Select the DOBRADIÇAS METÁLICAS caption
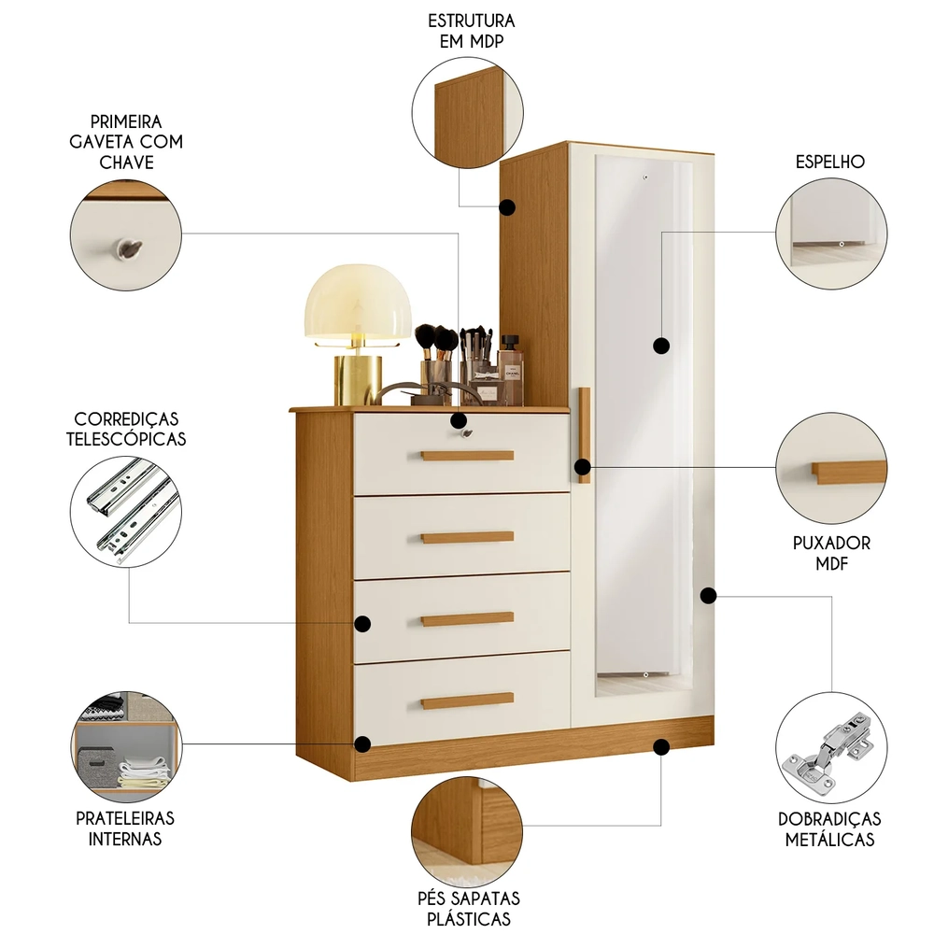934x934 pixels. click(829, 828)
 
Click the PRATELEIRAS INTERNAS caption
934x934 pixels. click(125, 828)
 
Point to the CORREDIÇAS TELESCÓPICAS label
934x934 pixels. click(126, 429)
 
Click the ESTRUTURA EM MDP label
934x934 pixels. click(471, 29)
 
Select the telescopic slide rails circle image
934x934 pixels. click(126, 512)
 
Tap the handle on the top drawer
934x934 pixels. click(467, 456)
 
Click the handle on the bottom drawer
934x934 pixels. click(467, 700)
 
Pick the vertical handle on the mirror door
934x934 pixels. click(584, 434)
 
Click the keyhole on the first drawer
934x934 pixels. click(460, 432)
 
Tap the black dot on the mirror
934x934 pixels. click(661, 346)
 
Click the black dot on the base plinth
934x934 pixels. click(661, 746)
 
